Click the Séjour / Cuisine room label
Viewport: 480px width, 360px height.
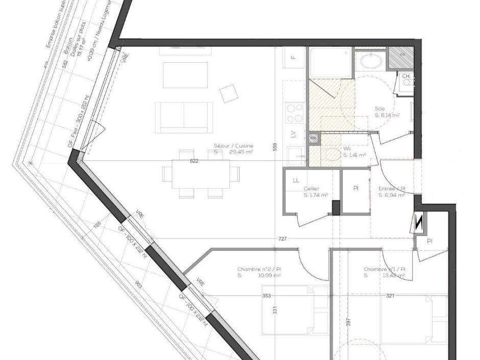click(233, 146)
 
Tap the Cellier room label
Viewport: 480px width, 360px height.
click(311, 188)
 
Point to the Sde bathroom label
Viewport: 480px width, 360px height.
click(380, 109)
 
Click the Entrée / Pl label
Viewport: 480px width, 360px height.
click(392, 188)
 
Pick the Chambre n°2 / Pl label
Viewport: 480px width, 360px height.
click(259, 269)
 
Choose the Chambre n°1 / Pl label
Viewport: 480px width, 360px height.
click(385, 269)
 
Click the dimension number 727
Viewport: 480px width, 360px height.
click(282, 239)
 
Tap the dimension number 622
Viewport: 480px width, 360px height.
click(194, 161)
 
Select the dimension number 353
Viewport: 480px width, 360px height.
click(266, 296)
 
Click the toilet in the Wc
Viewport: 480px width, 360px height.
click(332, 154)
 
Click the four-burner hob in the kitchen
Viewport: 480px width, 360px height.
click(294, 112)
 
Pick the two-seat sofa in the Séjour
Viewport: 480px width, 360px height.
click(183, 116)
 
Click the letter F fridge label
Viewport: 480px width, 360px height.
click(294, 57)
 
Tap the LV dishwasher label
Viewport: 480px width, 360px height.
click(293, 135)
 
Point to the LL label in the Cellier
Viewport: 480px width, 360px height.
click(296, 180)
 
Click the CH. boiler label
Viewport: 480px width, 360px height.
click(406, 77)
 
